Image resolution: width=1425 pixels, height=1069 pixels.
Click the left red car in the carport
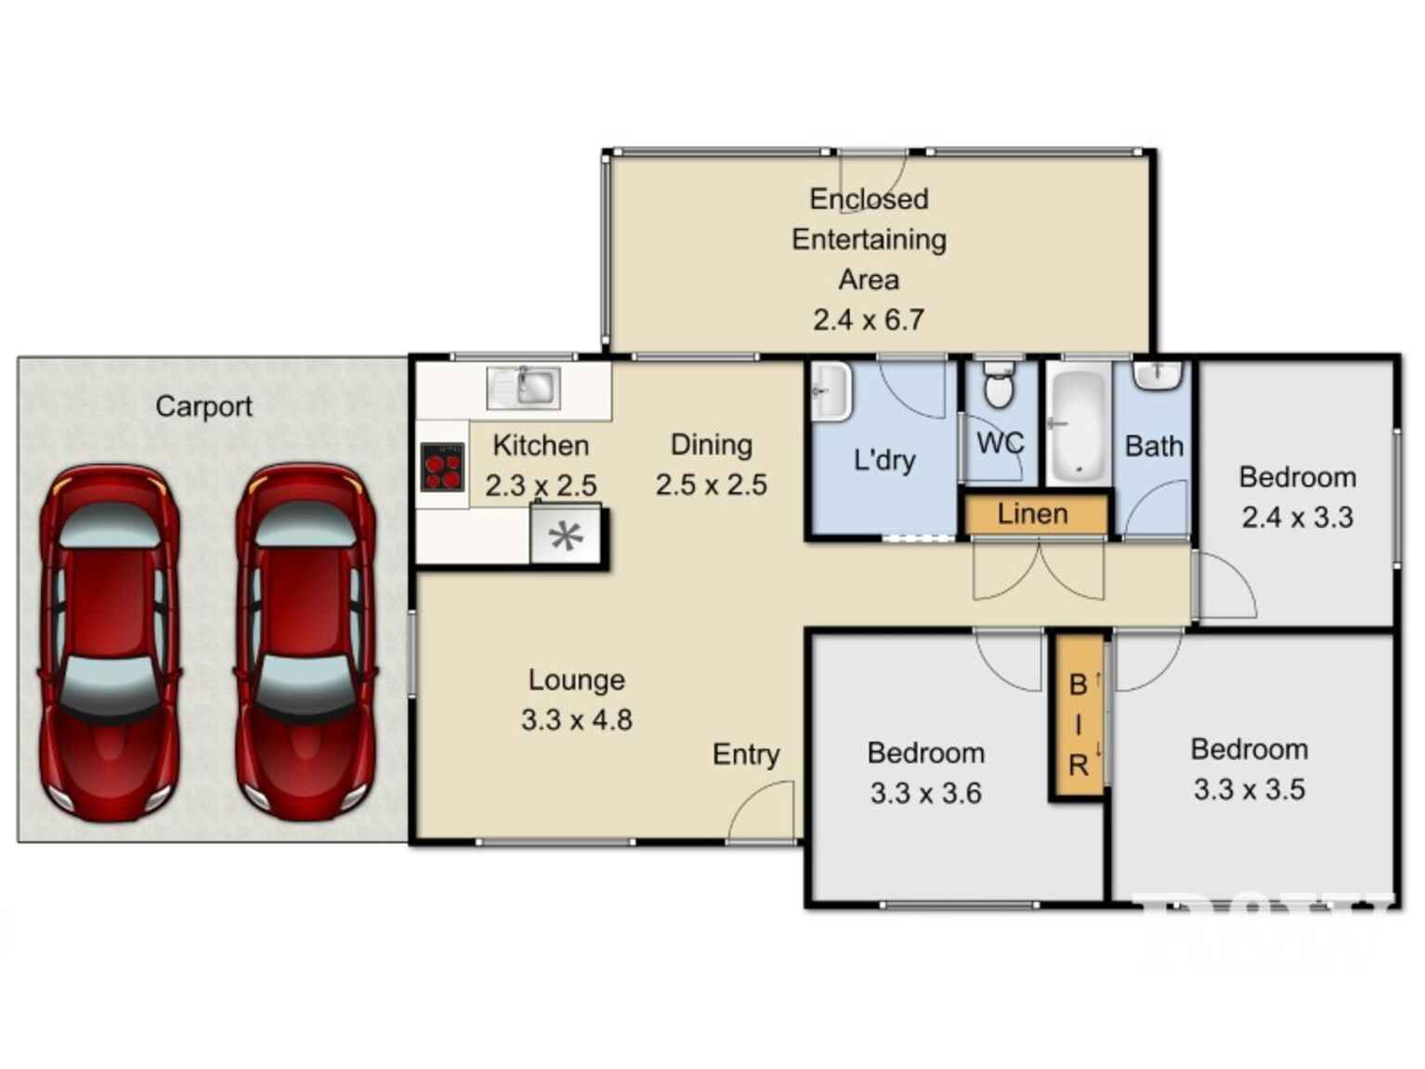coord(109,642)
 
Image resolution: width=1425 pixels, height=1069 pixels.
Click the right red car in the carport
coord(306,642)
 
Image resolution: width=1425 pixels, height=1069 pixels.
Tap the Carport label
coord(203,406)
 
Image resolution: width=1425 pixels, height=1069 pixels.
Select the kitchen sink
coord(524,387)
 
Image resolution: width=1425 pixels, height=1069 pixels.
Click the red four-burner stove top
coord(442,467)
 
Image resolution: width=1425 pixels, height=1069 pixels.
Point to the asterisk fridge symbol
coord(566,535)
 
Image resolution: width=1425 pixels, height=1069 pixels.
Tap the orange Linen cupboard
coord(1034,514)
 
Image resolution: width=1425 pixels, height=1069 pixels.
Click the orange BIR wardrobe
coord(1078,717)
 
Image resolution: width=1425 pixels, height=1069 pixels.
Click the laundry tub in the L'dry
coord(830,391)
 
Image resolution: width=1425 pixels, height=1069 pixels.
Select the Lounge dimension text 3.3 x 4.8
coord(576,720)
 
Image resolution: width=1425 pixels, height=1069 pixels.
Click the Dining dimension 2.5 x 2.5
coord(711,485)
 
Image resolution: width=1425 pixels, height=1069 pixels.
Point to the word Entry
coord(745,754)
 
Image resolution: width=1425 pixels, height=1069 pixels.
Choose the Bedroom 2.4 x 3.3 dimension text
coord(1297,518)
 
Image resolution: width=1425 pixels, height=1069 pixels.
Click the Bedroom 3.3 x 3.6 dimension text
coord(925,793)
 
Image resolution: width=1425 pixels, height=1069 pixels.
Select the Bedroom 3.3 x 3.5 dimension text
coord(1249,790)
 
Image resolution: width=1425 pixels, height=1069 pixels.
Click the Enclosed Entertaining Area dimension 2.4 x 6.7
coord(869,320)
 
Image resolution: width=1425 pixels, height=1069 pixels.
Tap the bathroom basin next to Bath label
coord(1157,375)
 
